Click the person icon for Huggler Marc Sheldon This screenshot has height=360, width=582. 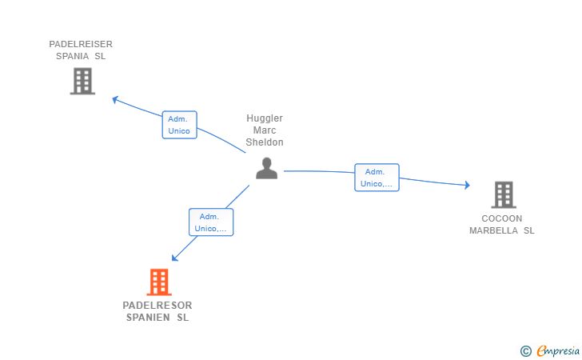(x=266, y=168)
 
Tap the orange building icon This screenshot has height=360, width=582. (x=159, y=282)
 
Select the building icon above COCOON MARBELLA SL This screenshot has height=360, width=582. (x=503, y=194)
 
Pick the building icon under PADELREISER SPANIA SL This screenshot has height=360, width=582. (x=82, y=81)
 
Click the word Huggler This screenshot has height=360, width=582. (x=265, y=118)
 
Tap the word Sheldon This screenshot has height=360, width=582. (x=265, y=142)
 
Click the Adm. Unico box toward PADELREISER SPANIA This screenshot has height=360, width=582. (x=179, y=125)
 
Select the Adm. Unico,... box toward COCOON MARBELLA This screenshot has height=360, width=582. (x=377, y=178)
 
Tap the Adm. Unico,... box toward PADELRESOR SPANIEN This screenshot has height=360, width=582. (x=211, y=222)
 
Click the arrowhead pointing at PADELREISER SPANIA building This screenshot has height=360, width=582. (x=115, y=99)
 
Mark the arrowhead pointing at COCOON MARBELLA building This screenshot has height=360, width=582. (x=467, y=186)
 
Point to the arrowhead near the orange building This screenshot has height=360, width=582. (x=174, y=258)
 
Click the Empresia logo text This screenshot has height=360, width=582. (x=559, y=350)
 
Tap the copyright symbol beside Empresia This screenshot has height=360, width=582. (x=525, y=350)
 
